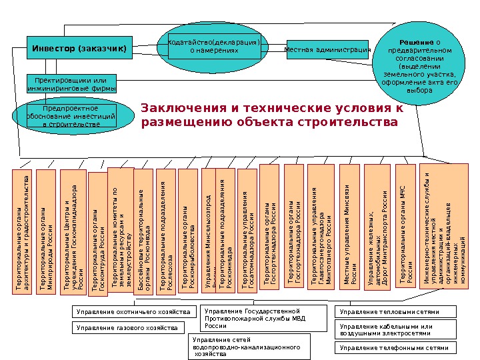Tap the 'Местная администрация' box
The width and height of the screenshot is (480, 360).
coord(327,49)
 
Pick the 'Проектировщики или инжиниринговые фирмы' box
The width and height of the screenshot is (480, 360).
coord(71,84)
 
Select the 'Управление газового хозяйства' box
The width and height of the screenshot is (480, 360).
coord(126,328)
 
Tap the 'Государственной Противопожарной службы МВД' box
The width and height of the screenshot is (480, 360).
coord(265,319)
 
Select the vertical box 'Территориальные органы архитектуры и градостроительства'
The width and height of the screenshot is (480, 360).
coord(22,231)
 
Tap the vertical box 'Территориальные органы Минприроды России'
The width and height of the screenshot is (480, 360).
coord(46,231)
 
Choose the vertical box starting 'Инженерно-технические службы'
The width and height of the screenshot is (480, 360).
coord(446,229)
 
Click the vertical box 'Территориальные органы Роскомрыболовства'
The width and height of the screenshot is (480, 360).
coord(188,231)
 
